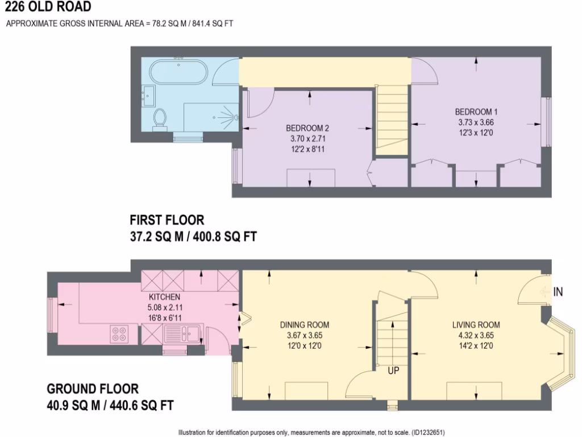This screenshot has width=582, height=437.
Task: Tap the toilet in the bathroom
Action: point(160,118)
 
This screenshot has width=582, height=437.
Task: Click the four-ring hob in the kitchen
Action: point(120,333)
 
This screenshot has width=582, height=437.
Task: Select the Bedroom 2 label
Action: point(307,127)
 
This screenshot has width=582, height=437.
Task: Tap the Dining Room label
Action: point(305,325)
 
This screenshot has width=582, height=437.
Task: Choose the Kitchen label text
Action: point(164,297)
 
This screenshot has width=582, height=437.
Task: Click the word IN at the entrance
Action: point(558,292)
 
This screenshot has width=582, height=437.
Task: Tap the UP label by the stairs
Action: point(393,370)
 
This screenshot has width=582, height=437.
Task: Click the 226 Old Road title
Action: point(47,7)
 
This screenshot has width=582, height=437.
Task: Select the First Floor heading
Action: point(167,220)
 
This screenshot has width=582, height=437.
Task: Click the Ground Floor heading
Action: point(92,389)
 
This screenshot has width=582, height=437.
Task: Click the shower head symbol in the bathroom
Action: point(233,117)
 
